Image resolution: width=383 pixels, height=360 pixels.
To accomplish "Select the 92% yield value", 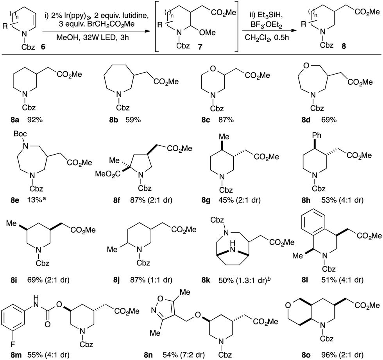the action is tap(34, 120).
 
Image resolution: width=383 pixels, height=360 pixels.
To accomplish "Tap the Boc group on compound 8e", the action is tap(20, 134).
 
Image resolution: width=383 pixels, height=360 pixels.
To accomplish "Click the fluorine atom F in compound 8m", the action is tap(13, 344).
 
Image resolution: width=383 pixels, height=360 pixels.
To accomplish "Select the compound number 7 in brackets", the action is tap(200, 46).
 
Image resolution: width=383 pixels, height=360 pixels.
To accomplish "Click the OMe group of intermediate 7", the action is tap(208, 32).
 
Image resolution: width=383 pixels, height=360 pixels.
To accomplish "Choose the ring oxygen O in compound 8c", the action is tap(213, 68).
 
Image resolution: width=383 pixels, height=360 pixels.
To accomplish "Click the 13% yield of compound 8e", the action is tap(35, 200).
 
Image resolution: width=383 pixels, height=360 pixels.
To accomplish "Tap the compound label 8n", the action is tap(148, 355).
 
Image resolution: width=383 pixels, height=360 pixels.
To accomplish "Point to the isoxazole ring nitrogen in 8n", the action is tap(154, 310).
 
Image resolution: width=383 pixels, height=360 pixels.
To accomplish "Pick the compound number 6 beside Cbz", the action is tap(43, 46).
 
